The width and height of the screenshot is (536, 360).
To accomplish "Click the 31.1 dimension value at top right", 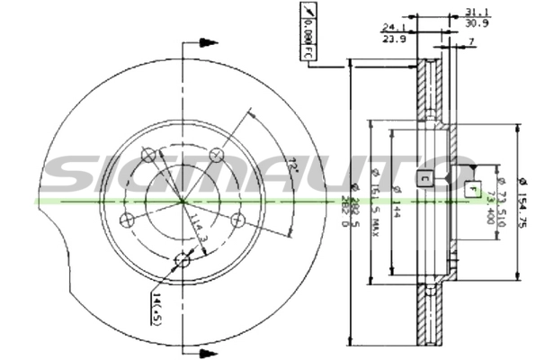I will [x=478, y=11].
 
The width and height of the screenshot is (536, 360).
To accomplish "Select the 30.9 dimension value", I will [x=478, y=22].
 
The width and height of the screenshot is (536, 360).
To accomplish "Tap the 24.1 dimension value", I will [x=394, y=28].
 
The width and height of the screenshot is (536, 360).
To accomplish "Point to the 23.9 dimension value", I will [x=394, y=39].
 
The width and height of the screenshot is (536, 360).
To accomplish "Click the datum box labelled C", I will [x=424, y=177].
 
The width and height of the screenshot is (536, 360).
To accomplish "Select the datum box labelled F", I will [x=471, y=189].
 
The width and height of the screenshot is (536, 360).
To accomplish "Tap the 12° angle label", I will [x=292, y=166].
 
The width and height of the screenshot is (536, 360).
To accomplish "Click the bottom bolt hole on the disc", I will [x=183, y=261].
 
